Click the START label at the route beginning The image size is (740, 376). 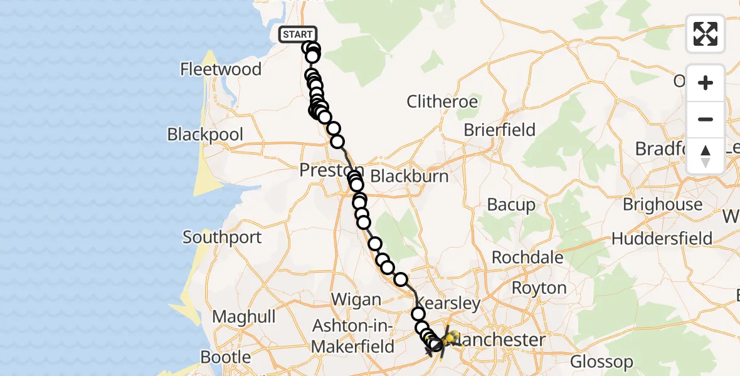tap(298, 34)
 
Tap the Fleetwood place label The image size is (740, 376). tap(221, 69)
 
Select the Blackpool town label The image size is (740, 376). tap(205, 135)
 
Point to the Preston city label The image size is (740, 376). tap(322, 170)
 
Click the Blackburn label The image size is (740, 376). tap(410, 176)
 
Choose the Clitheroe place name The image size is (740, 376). tap(442, 102)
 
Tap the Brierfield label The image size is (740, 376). tap(499, 130)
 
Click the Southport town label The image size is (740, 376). tap(222, 238)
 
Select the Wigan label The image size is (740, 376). tap(356, 300)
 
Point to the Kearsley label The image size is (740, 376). tap(448, 304)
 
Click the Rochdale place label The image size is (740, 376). tap(527, 258)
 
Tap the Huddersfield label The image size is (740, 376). tap(662, 239)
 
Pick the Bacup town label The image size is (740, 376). tap(511, 205)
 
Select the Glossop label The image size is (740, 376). tap(601, 362)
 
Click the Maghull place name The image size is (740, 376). tap(244, 316)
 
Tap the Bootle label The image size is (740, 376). tap(226, 357)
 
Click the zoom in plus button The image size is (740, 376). tap(706, 83)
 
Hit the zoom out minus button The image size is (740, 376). tap(706, 120)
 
